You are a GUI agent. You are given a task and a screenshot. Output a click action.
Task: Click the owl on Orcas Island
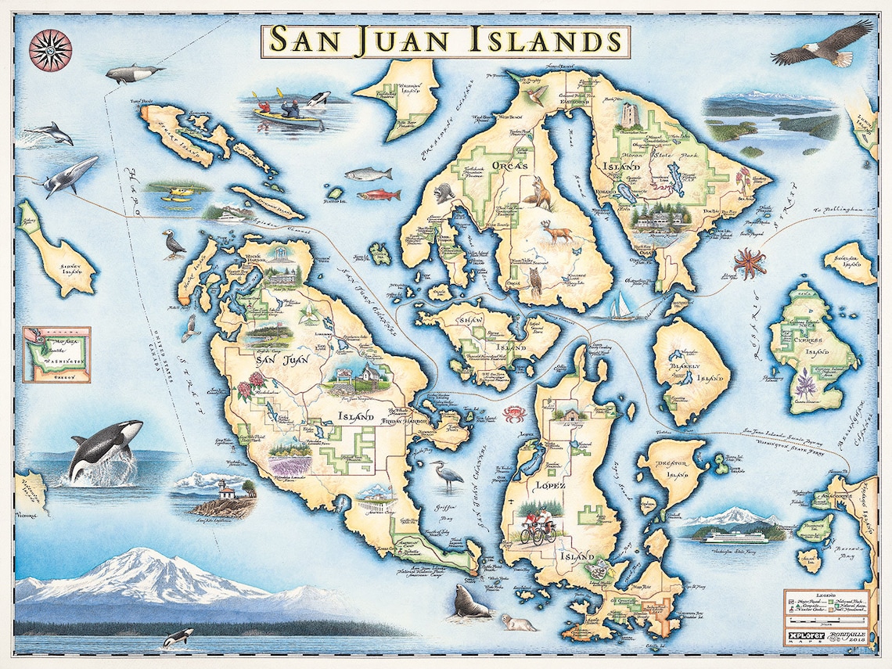coord(535,282)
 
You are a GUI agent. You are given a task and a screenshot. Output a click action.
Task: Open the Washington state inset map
coord(56,354)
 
